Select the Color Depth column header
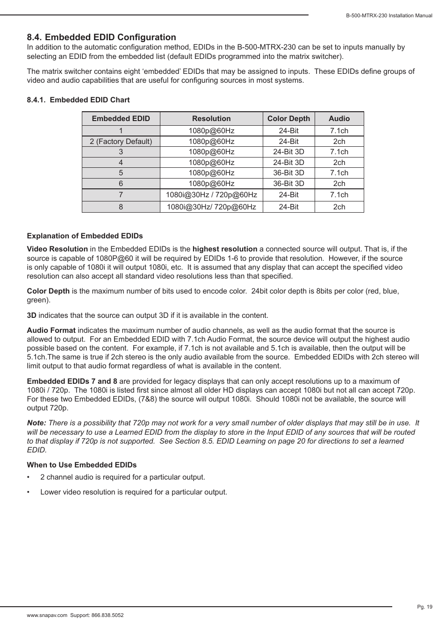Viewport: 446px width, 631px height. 288,119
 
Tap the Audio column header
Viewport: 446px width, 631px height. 339,119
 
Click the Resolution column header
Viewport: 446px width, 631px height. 211,119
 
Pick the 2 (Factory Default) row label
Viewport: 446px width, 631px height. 121,142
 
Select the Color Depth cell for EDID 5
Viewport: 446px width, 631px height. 288,173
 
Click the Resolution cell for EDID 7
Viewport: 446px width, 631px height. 211,195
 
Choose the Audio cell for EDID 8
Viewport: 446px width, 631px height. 339,207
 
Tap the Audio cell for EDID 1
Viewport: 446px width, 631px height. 339,131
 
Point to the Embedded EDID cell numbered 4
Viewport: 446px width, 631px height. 121,163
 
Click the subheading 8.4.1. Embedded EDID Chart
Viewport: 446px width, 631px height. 78,100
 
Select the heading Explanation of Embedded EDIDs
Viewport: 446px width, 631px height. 85,236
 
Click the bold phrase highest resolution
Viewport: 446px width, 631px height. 225,249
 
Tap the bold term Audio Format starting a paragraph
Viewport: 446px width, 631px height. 51,330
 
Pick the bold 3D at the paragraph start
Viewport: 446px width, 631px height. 31,315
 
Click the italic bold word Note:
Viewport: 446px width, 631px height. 36,423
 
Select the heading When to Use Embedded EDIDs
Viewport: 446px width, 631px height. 82,465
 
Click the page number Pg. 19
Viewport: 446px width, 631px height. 424,607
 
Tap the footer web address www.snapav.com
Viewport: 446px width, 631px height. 47,616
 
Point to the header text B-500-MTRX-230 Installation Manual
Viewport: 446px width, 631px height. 389,16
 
